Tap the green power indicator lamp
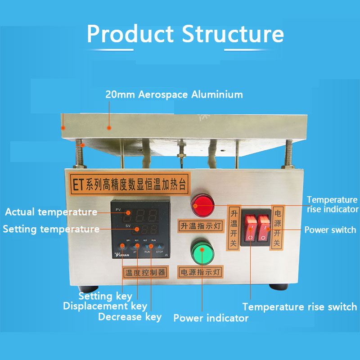202,253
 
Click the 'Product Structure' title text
185,34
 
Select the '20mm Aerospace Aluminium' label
174,94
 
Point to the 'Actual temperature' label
51,212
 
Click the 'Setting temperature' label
51,229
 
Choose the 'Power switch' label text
330,230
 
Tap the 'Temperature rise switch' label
299,307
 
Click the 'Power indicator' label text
211,318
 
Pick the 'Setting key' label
105,296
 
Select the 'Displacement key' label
105,306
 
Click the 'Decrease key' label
130,317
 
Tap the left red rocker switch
250,228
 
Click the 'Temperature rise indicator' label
332,204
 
